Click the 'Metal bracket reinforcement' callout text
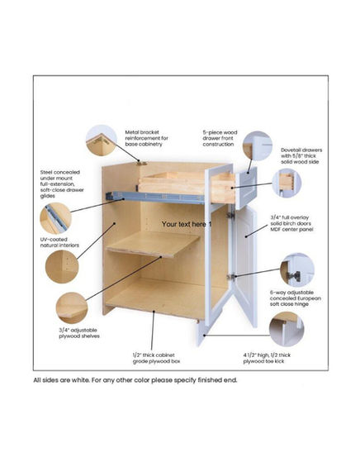tap(146, 138)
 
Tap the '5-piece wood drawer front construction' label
tap(220, 138)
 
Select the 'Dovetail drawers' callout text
tap(301, 155)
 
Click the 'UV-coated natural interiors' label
tap(59, 242)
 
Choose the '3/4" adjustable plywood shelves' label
tap(79, 333)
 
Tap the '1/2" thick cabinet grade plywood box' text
tap(156, 358)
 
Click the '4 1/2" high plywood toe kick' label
tap(267, 358)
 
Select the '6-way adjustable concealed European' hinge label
tap(296, 298)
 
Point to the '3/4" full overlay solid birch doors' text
tap(291, 223)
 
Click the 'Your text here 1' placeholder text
tap(187, 224)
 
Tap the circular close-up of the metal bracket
tap(102, 141)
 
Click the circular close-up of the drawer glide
tap(55, 218)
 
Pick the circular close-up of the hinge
tap(297, 269)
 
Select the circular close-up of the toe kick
tap(287, 329)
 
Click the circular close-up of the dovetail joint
tap(287, 183)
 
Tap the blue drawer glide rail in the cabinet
tap(155, 198)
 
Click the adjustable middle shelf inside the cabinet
tap(154, 244)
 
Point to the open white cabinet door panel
tap(245, 266)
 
